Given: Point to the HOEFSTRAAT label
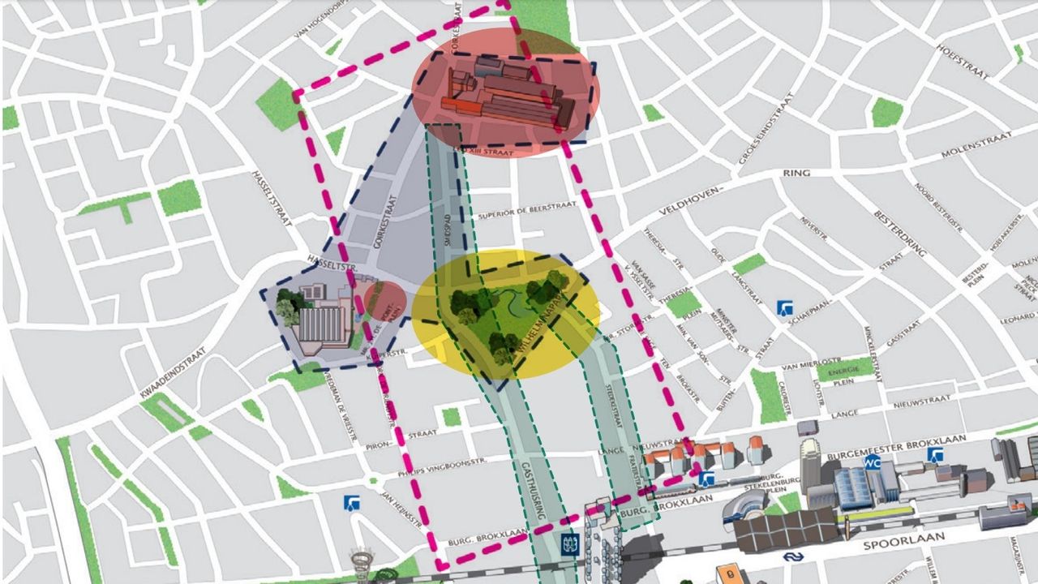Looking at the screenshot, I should [x=963, y=61].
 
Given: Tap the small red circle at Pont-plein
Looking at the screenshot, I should [x=384, y=301].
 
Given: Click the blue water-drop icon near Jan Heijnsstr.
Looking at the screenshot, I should [x=352, y=503].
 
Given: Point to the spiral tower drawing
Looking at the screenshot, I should [x=362, y=561].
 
